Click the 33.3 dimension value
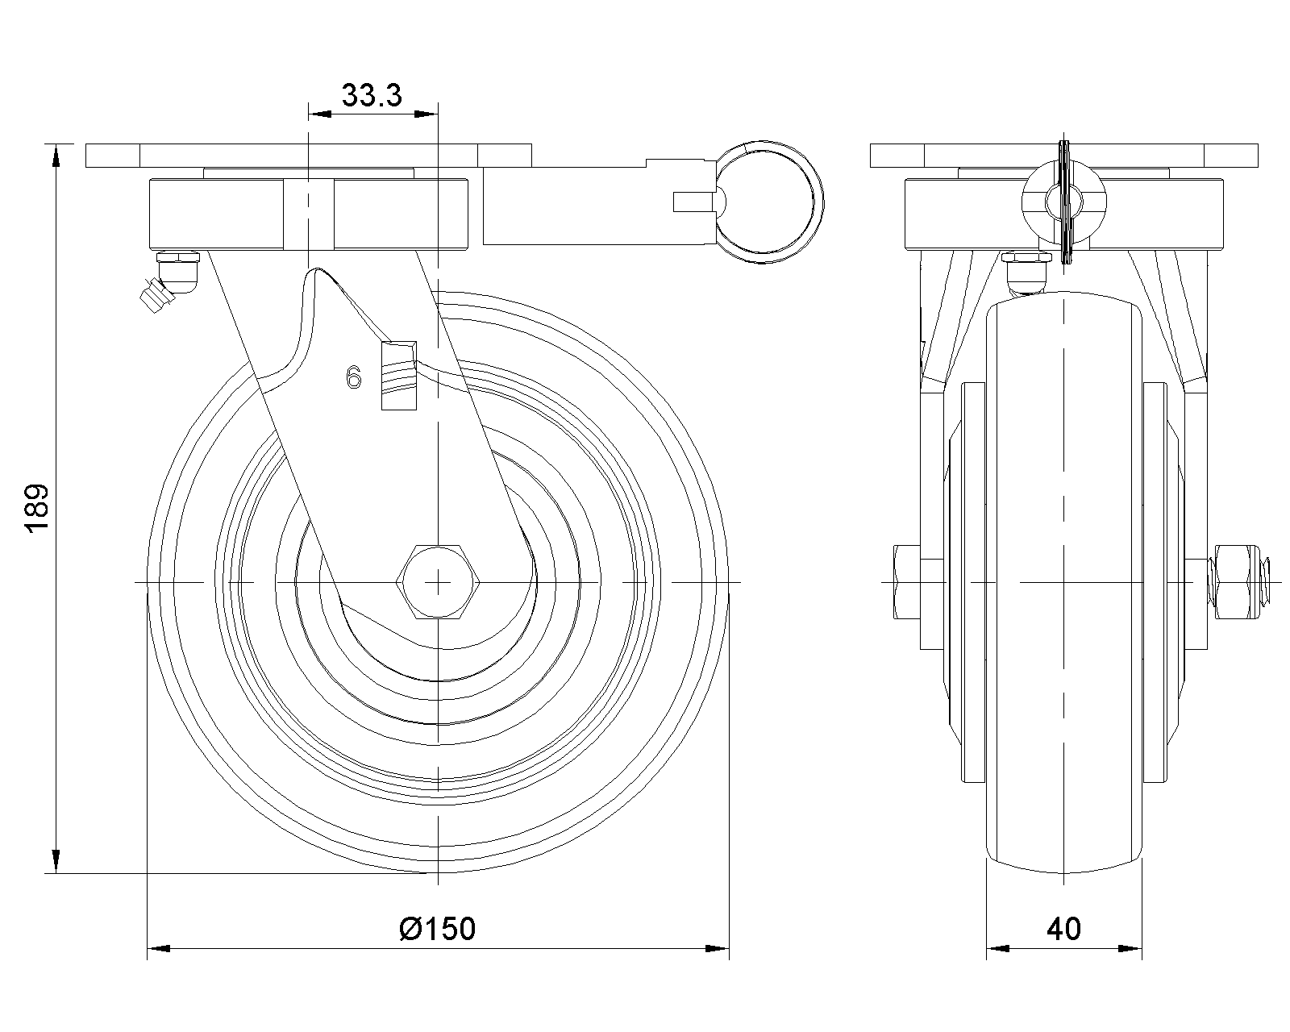click(372, 95)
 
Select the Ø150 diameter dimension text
click(438, 929)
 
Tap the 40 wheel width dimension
click(1064, 929)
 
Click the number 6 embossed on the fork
click(354, 378)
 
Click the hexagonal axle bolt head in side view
click(438, 581)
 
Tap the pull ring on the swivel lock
click(770, 202)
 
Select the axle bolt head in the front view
click(907, 582)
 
